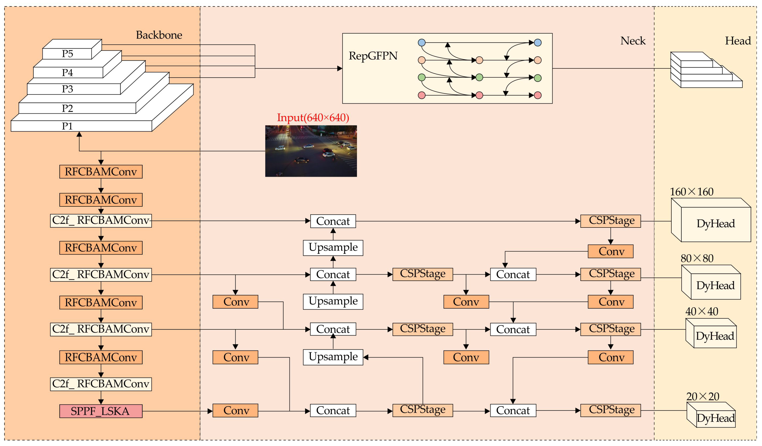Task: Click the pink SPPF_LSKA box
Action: (101, 411)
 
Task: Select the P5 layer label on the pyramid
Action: (68, 54)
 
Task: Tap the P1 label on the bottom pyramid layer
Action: (68, 126)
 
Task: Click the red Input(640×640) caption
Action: (313, 117)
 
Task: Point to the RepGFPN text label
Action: (373, 56)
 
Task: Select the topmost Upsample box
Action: (333, 248)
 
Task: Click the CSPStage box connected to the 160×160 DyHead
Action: (610, 221)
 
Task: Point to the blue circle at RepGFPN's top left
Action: (422, 43)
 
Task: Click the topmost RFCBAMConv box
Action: (101, 172)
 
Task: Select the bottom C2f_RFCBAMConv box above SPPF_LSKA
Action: (101, 384)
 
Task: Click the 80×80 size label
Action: (697, 258)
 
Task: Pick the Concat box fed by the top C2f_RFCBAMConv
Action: (333, 221)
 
